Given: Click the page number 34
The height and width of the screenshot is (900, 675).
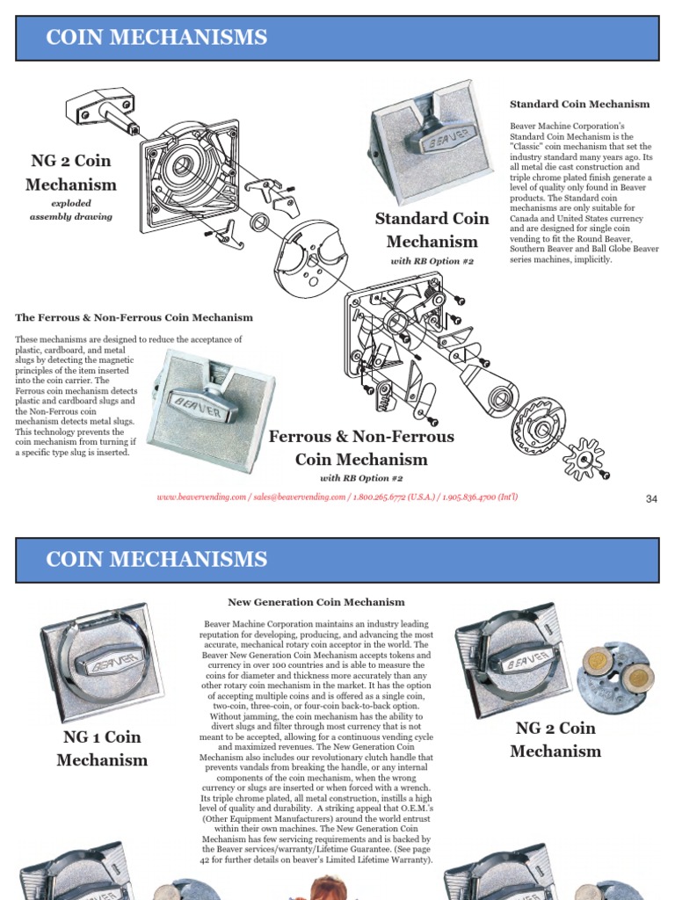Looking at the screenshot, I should click(651, 499).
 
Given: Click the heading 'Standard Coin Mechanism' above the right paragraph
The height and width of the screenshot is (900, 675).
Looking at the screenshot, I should click(579, 104).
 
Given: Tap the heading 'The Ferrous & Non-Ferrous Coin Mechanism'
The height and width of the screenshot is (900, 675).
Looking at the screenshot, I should click(134, 317).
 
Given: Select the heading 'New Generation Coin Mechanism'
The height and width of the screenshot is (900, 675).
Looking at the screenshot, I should click(316, 602).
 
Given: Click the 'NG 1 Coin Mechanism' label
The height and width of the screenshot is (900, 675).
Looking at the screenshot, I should click(102, 748).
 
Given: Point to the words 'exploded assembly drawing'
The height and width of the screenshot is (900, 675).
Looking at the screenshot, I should click(71, 209).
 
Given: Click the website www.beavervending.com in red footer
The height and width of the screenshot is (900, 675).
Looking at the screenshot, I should click(201, 497).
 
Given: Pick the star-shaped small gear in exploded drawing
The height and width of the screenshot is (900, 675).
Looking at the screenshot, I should click(582, 457).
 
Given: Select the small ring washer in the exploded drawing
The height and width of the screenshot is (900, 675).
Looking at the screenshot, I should click(260, 221).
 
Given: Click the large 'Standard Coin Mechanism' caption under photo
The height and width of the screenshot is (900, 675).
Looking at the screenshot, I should click(432, 230).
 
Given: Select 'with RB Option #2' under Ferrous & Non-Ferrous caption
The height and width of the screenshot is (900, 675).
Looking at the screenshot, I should click(361, 478).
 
